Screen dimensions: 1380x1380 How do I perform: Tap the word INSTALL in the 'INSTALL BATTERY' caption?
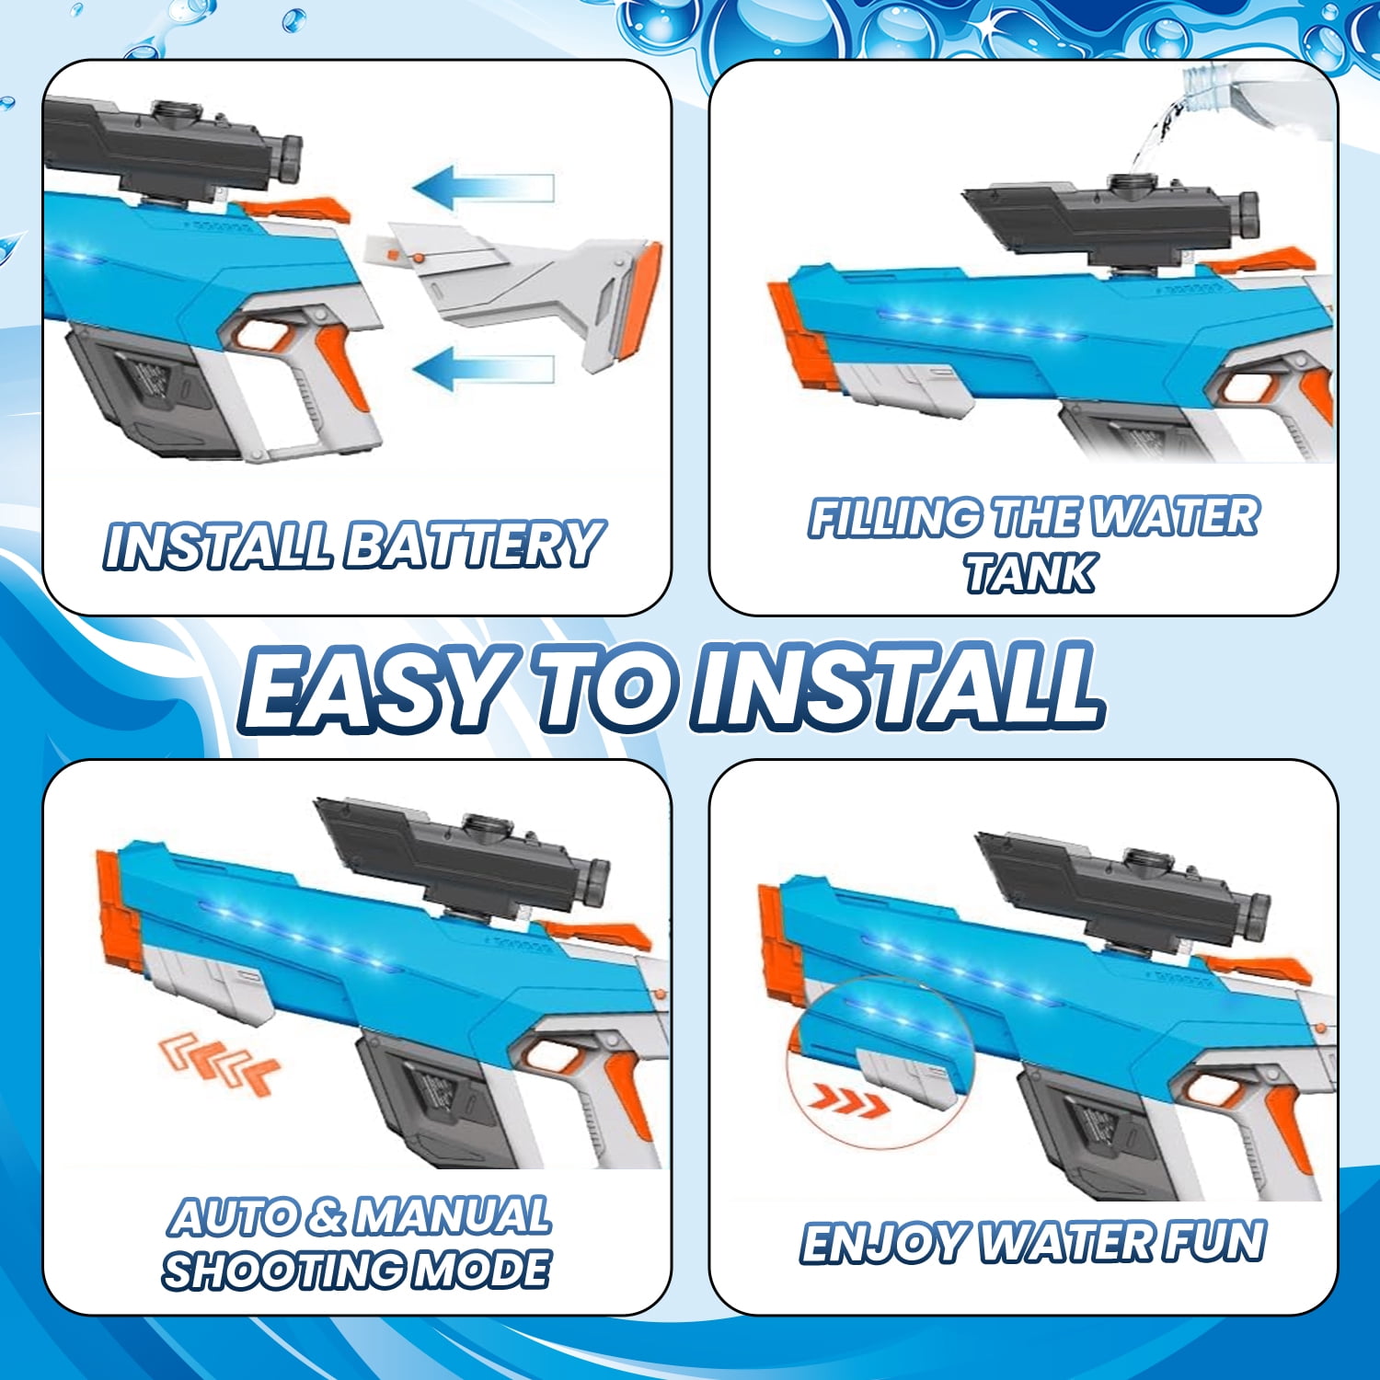click(x=218, y=545)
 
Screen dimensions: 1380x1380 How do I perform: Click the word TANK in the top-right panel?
click(x=1029, y=573)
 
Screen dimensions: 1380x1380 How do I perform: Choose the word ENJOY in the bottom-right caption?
click(x=883, y=1243)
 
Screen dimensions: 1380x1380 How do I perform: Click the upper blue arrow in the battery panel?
click(x=484, y=188)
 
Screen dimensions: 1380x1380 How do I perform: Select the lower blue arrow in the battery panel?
click(x=484, y=369)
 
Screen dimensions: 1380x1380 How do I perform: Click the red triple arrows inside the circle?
click(x=849, y=1099)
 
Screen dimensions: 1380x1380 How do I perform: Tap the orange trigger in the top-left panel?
click(x=342, y=366)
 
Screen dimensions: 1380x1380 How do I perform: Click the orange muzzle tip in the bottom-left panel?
click(x=120, y=911)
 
